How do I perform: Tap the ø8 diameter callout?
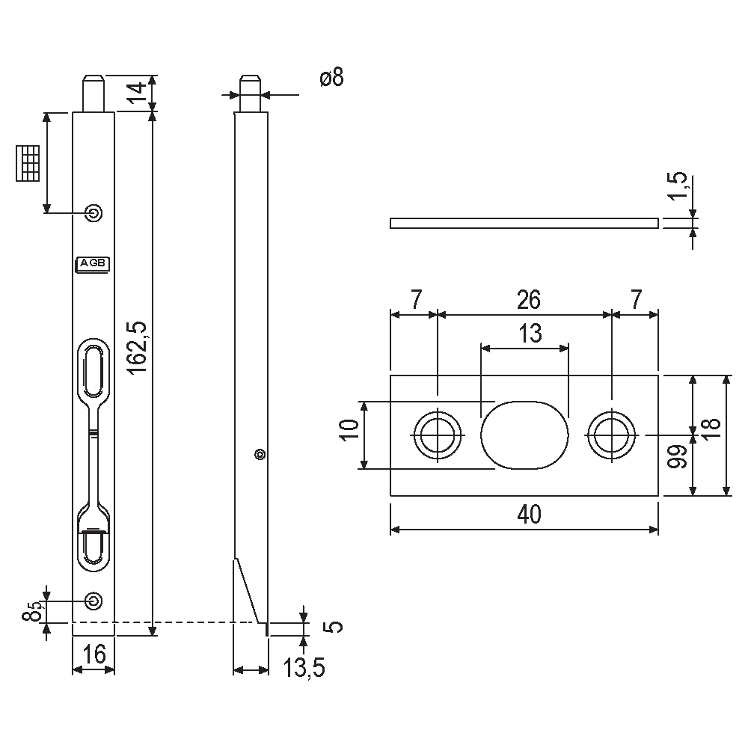point(331,78)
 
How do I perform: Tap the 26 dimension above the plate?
point(527,300)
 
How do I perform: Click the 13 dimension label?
point(530,334)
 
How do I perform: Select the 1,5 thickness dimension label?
point(678,187)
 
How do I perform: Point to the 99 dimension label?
point(678,457)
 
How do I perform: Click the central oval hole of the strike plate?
point(524,435)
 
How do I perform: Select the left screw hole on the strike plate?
point(437,435)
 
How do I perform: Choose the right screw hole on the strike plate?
point(612,435)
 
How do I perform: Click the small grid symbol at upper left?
point(28,162)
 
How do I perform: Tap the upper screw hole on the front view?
point(93,213)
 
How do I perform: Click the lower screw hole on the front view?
point(93,600)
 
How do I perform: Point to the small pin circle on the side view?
point(260,453)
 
